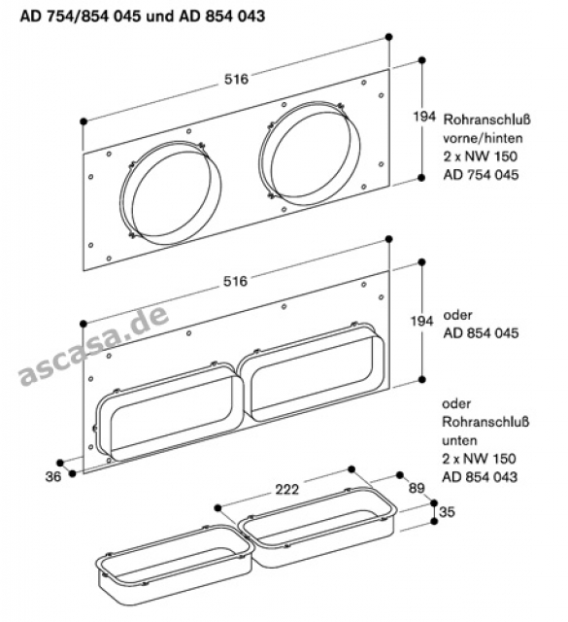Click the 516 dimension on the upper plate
(x=236, y=80)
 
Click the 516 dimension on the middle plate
(x=235, y=281)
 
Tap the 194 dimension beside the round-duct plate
(x=424, y=117)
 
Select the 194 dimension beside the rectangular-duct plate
(x=421, y=321)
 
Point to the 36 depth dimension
(x=53, y=476)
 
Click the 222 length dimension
(x=287, y=490)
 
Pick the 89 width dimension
(x=417, y=488)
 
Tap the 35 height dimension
(x=447, y=512)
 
